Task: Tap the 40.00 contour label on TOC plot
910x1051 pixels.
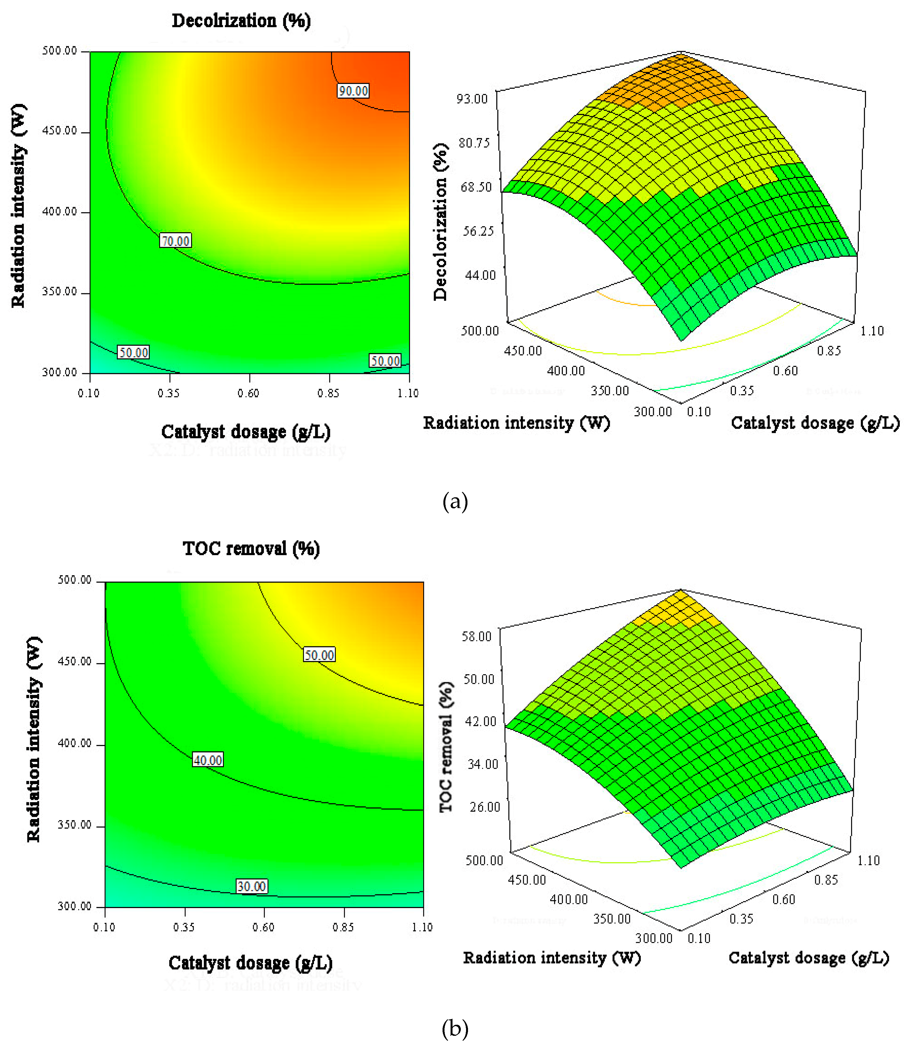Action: click(208, 760)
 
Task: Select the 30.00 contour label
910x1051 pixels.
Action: click(251, 886)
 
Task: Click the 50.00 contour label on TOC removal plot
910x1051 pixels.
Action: click(319, 655)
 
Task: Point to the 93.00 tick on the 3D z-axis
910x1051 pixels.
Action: click(472, 98)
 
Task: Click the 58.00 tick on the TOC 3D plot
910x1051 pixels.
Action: click(476, 636)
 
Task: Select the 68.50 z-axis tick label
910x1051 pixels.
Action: click(476, 187)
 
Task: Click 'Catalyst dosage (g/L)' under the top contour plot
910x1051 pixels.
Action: click(246, 432)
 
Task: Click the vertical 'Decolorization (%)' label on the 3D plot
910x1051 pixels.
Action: click(440, 222)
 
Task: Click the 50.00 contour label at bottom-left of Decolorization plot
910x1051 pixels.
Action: click(133, 352)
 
